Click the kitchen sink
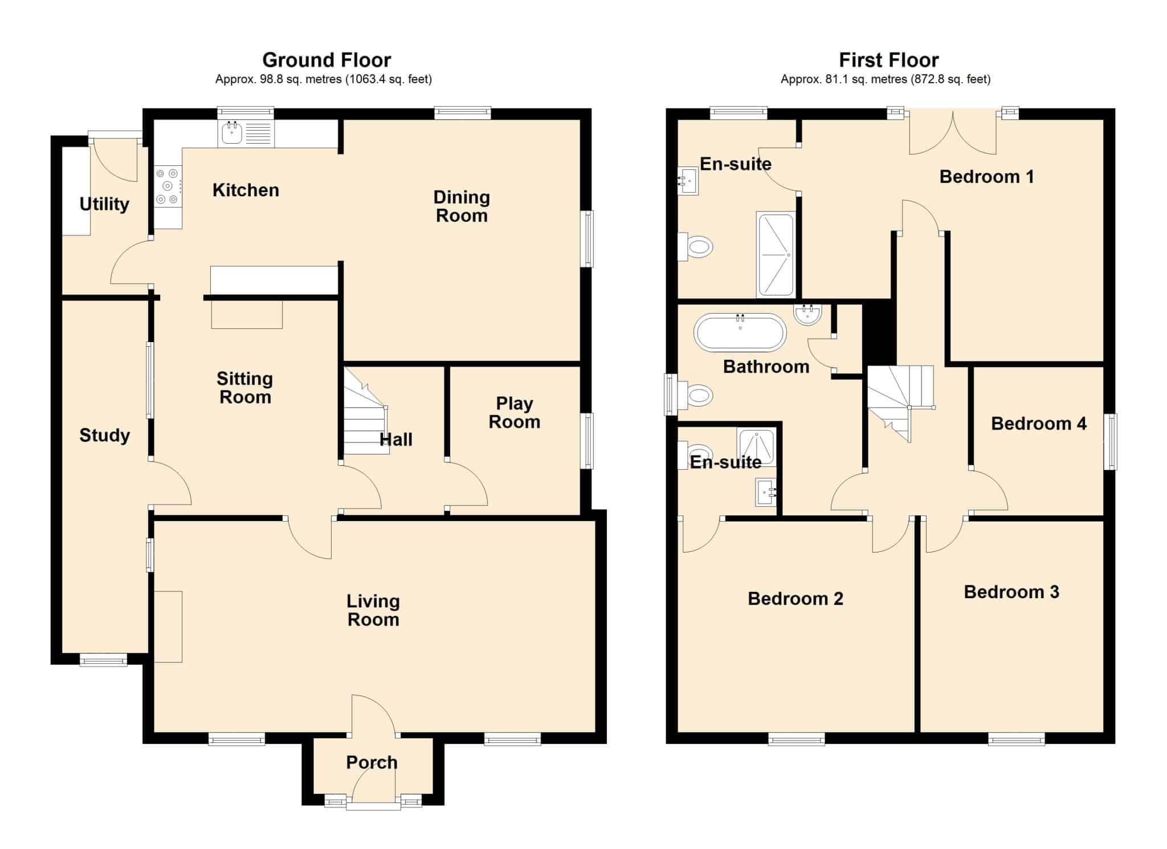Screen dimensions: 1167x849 [x=246, y=133]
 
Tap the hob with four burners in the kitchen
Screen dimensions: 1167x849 [x=168, y=185]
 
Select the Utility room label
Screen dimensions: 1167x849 [x=104, y=204]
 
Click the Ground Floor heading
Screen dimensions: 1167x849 [x=327, y=60]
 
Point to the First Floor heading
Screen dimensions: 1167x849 [x=888, y=60]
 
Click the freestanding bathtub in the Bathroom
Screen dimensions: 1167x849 [x=740, y=332]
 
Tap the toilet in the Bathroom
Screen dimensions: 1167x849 [x=695, y=395]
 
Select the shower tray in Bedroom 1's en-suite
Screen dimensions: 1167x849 [x=776, y=254]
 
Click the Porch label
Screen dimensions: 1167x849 [x=372, y=762]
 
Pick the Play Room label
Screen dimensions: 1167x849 [x=515, y=412]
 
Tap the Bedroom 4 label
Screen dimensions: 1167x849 [x=1039, y=424]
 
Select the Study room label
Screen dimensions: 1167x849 [x=104, y=436]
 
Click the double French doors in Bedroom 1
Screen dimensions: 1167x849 [x=953, y=132]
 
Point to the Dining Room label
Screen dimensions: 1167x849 [x=462, y=206]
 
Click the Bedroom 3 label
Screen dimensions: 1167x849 [x=1011, y=592]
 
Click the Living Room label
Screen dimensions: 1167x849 [x=373, y=610]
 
